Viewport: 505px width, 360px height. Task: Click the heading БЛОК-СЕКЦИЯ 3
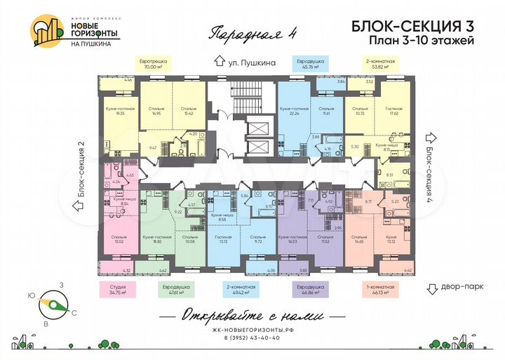[411, 25]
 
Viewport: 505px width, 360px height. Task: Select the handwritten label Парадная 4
[244, 33]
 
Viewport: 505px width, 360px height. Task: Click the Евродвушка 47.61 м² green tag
[163, 289]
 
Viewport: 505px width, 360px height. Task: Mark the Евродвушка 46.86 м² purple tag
[310, 289]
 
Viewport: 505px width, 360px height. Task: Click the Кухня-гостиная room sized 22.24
[294, 114]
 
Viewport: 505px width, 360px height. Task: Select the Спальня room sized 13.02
[119, 241]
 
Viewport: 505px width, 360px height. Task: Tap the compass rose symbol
[53, 303]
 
